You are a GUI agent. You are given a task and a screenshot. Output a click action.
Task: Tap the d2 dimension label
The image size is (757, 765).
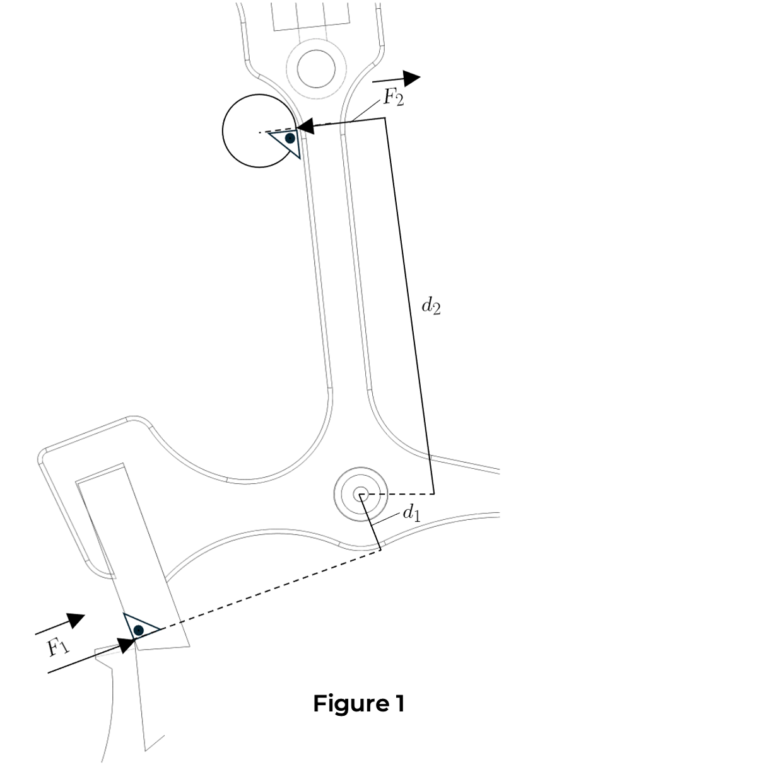coord(431,306)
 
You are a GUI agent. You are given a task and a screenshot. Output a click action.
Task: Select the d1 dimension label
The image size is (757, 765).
coord(411,513)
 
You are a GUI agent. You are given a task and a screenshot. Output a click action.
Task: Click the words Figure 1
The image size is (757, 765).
coord(358,703)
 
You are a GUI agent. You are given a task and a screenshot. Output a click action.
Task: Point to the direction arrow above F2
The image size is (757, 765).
coord(397,79)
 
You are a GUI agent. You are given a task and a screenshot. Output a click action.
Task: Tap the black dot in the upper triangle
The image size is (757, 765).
coord(290,137)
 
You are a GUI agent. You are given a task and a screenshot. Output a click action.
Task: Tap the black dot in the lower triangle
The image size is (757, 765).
coord(138,630)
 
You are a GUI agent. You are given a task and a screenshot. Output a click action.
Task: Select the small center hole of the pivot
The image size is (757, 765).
coord(361,493)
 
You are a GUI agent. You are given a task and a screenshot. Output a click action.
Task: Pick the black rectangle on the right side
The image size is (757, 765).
coord(628,280)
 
